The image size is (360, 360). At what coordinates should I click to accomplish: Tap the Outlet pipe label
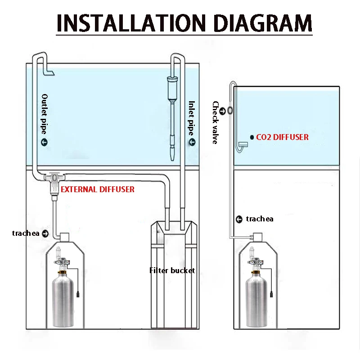tap(45, 114)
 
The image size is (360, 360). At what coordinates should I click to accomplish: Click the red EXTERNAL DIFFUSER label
tap(98, 189)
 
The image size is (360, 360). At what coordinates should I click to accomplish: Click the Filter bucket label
tap(172, 270)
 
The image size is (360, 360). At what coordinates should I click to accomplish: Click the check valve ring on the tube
tap(229, 110)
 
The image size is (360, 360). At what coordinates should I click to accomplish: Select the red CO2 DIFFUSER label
tap(282, 137)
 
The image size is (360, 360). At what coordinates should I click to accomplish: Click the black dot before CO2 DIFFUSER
tap(251, 137)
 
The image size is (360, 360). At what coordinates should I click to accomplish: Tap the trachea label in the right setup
tap(260, 219)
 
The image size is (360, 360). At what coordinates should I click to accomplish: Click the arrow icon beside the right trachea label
tap(239, 219)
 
